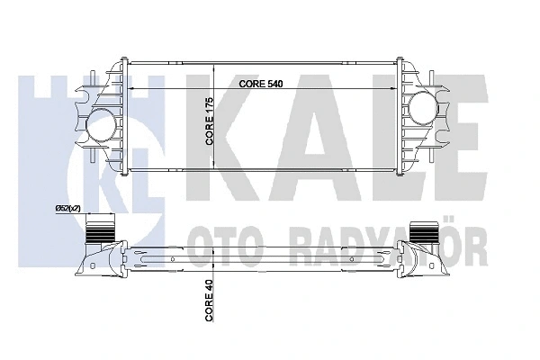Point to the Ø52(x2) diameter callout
click(68, 209)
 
